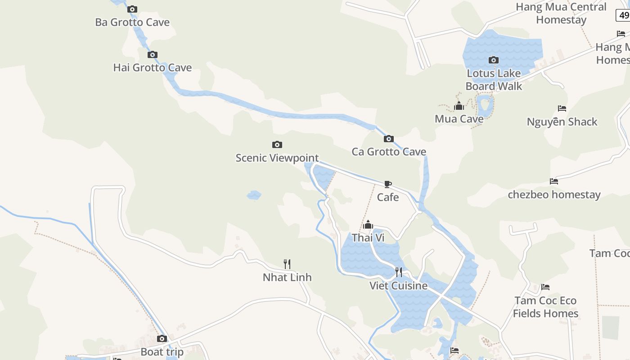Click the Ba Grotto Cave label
pos(132,22)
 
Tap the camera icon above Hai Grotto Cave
pos(153,55)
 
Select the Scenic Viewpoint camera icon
pos(277,144)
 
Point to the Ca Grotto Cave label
pos(389,152)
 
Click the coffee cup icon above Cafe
pos(388,184)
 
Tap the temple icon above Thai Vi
pos(368,225)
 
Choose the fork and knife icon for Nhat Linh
pos(287,264)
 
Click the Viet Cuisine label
pos(398,286)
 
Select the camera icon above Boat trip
pos(162,338)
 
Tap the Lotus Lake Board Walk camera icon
pos(494,60)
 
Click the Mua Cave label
pos(459,119)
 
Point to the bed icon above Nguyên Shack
pos(562,108)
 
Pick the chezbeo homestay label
pos(554,195)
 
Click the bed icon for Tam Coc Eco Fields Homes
pos(545,287)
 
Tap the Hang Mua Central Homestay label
pos(561,13)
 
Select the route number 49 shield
pos(624,15)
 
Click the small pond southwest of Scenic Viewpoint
pos(254,195)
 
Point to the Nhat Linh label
pos(287,277)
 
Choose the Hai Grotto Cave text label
pos(153,68)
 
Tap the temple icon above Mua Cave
pos(459,106)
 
